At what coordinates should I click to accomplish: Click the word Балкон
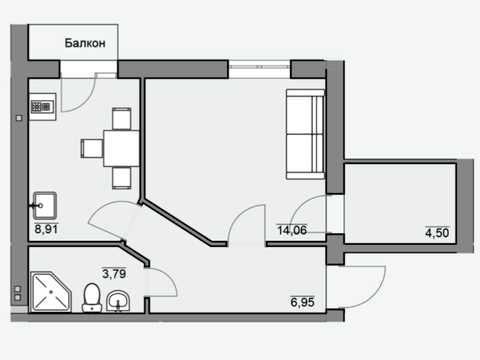[85, 43]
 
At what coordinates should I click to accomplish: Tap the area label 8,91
[46, 229]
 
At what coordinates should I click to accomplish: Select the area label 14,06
[292, 230]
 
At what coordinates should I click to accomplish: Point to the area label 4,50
[437, 233]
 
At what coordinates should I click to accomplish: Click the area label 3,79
[114, 274]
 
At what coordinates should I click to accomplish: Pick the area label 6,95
[302, 302]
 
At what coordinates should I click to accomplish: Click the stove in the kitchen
[43, 107]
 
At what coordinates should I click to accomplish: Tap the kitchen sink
[44, 205]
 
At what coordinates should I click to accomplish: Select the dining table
[121, 148]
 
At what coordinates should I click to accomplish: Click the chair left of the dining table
[92, 149]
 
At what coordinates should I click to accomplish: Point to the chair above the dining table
[121, 119]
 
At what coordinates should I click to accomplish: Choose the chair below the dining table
[121, 178]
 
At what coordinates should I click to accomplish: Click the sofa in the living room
[305, 134]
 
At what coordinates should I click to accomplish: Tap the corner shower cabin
[51, 292]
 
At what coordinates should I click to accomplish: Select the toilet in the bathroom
[92, 298]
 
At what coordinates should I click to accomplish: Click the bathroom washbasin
[118, 301]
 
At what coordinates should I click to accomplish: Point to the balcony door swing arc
[87, 101]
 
